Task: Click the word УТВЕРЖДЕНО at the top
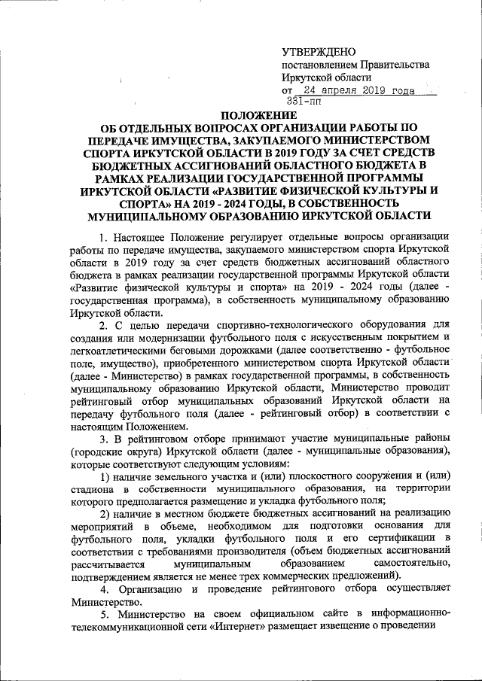point(317,52)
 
